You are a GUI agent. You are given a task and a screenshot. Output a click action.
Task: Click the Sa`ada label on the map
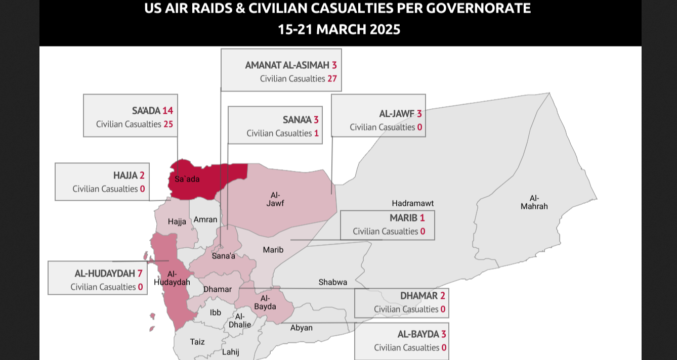tap(187, 179)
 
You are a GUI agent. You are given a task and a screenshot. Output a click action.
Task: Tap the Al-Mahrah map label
tap(534, 202)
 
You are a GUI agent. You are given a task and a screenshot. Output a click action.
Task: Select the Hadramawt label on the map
tap(412, 203)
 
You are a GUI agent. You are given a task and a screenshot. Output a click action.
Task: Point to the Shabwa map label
tap(332, 282)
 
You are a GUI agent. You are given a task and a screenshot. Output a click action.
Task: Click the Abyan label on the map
tap(301, 328)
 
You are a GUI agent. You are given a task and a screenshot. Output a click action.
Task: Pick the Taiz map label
tap(197, 342)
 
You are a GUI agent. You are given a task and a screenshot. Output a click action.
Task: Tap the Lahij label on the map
tap(230, 352)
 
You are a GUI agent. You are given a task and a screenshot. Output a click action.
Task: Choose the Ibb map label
tap(216, 312)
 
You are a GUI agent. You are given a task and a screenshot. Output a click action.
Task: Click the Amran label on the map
tap(205, 219)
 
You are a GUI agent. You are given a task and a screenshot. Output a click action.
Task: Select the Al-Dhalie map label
tap(240, 321)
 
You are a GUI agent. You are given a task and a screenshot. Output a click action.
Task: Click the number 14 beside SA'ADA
tap(167, 111)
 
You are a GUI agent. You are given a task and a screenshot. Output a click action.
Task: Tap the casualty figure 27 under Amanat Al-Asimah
tap(332, 78)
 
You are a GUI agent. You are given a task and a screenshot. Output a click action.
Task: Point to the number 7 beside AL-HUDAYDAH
tap(140, 274)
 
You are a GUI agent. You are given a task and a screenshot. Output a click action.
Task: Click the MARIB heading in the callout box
tap(403, 218)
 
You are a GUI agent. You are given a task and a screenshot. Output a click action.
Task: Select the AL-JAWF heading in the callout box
tap(397, 114)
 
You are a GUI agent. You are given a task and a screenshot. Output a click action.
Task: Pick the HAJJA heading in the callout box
tap(125, 175)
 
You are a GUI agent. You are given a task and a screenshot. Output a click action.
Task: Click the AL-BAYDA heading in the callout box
tap(418, 334)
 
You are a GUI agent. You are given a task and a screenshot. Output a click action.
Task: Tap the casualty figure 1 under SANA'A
tap(316, 133)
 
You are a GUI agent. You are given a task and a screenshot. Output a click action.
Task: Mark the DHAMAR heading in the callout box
tap(418, 296)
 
